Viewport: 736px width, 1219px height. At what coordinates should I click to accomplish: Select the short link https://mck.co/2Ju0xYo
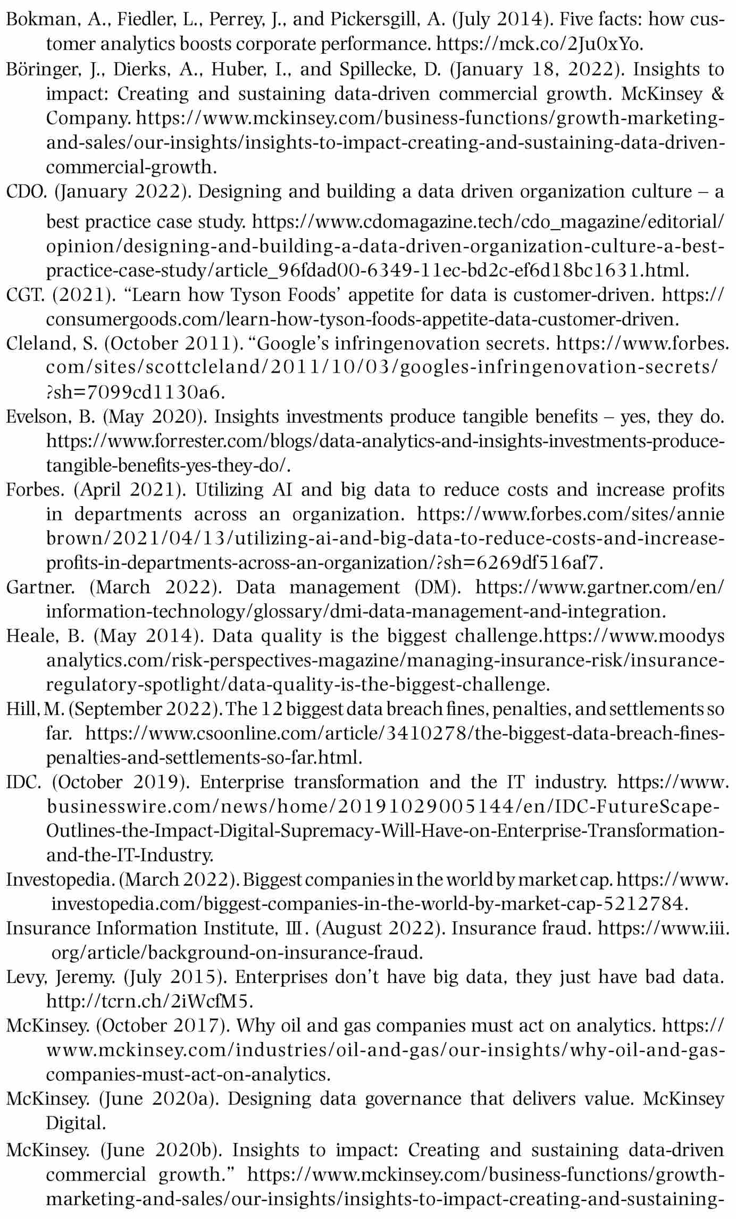pyautogui.click(x=539, y=45)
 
